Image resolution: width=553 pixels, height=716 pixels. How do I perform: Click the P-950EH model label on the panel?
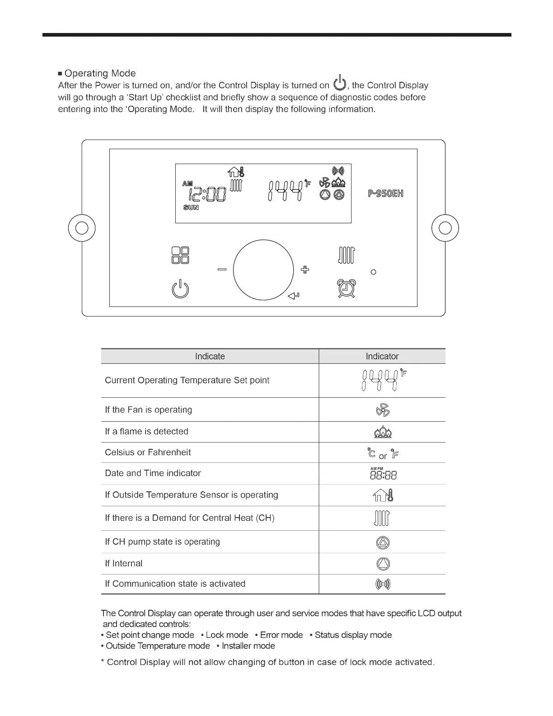(x=385, y=193)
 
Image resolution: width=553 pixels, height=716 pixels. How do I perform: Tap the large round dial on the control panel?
(x=263, y=270)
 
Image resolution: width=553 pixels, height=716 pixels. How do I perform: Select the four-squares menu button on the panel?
(x=180, y=255)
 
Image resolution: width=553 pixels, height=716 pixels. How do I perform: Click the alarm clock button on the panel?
(x=346, y=289)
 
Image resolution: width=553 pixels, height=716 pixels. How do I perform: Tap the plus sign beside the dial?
(x=305, y=270)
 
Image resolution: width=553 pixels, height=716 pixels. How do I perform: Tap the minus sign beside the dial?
(x=222, y=270)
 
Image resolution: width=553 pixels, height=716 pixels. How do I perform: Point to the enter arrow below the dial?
(x=294, y=296)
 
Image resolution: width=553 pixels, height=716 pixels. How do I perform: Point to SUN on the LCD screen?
(x=191, y=207)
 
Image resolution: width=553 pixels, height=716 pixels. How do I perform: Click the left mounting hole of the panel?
(x=82, y=228)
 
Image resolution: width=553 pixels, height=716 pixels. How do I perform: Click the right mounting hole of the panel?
(x=445, y=228)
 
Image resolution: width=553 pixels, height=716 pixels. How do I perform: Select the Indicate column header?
(x=210, y=356)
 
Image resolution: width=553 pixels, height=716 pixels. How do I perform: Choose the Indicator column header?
(x=382, y=356)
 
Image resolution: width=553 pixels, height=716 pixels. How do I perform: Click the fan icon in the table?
(x=383, y=410)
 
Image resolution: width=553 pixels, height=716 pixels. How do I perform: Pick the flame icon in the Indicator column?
(x=383, y=433)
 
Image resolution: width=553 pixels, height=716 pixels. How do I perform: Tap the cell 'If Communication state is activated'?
(x=175, y=584)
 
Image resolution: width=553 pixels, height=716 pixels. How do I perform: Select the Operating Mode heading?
(x=100, y=73)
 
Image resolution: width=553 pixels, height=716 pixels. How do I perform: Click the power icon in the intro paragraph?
(x=339, y=84)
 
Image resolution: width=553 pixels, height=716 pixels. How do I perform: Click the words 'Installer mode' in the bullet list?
(x=248, y=646)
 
